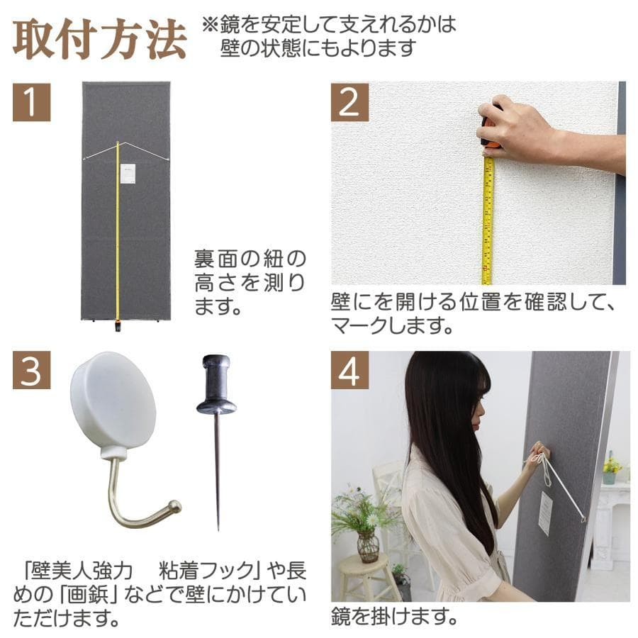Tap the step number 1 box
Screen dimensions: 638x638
coord(32,102)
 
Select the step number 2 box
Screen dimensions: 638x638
coord(349,102)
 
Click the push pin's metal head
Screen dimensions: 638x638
coord(216,386)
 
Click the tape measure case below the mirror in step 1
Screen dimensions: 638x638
coord(118,327)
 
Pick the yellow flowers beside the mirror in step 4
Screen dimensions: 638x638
coord(611,465)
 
